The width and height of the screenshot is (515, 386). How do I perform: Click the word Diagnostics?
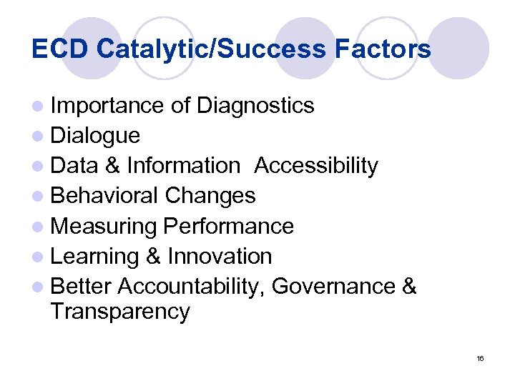click(x=255, y=106)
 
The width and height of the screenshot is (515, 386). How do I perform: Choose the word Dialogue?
click(x=96, y=136)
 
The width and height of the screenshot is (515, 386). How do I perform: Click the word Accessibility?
click(x=316, y=166)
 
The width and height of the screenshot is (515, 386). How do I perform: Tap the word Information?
click(x=183, y=166)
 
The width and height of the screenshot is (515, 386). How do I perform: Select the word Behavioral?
click(x=104, y=196)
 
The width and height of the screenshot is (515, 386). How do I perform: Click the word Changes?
click(x=210, y=196)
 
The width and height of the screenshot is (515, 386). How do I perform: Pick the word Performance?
click(x=229, y=227)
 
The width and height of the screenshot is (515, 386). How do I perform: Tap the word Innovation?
click(x=220, y=256)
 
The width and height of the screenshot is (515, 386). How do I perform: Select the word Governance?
click(x=333, y=287)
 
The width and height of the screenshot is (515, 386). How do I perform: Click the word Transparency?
click(x=120, y=312)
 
